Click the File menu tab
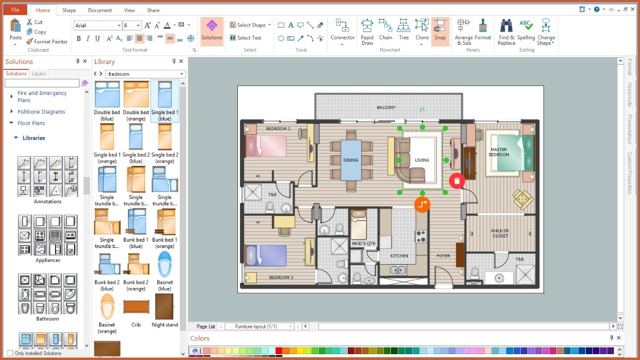click(15, 10)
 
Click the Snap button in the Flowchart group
click(440, 31)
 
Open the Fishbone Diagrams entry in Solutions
click(41, 112)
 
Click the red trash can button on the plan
click(457, 181)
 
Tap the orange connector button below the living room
click(422, 204)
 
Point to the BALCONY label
click(386, 108)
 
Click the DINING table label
click(350, 160)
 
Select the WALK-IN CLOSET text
click(500, 234)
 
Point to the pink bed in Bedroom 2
click(265, 146)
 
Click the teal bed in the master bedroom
click(512, 153)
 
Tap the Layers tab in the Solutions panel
click(39, 74)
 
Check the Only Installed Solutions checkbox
click(10, 353)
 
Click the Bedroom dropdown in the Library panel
click(145, 74)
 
